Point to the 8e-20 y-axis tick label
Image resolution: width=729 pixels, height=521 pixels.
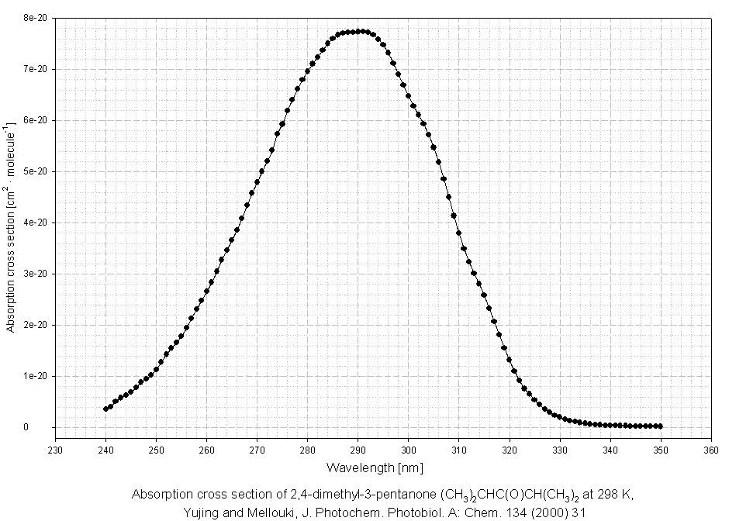click(36, 17)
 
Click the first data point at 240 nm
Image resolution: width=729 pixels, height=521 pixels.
click(105, 409)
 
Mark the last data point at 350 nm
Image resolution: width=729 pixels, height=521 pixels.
click(660, 426)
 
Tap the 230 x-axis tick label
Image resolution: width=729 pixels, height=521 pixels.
click(55, 450)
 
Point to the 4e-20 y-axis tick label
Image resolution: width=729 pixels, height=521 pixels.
click(36, 223)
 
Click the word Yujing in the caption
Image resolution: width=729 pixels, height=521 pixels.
click(202, 512)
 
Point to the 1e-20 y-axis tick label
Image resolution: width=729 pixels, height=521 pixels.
click(36, 376)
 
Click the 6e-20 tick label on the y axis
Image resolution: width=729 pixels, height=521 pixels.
click(36, 120)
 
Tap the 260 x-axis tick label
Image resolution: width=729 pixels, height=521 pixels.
click(206, 450)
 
